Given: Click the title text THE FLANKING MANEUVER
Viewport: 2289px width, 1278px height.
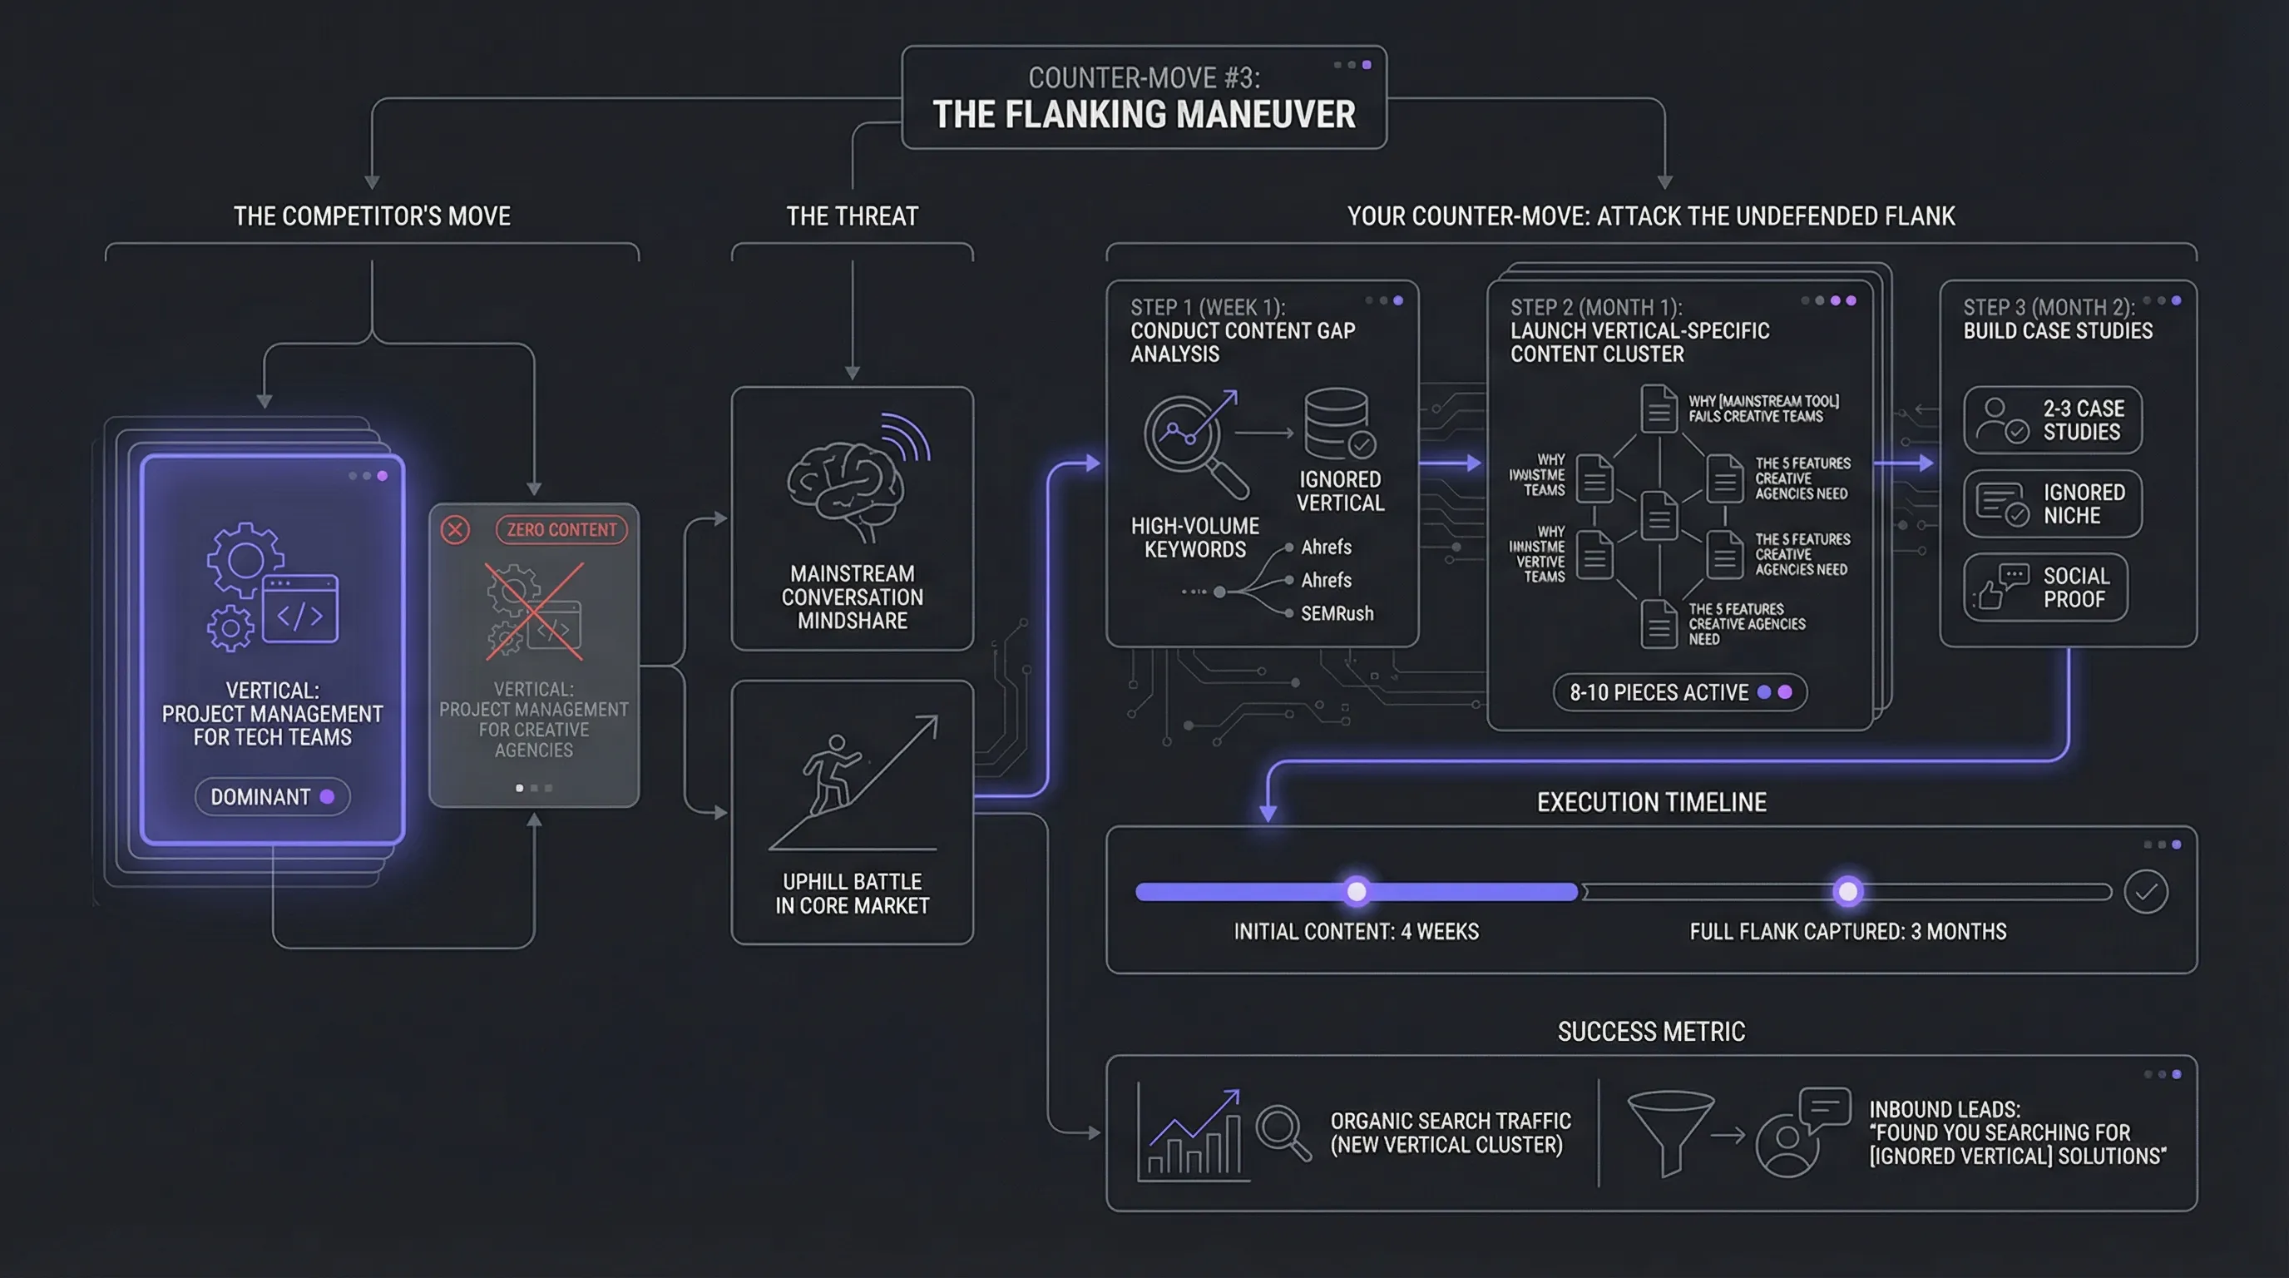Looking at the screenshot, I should [x=1144, y=115].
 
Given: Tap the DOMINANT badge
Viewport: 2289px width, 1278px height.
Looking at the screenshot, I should [x=272, y=796].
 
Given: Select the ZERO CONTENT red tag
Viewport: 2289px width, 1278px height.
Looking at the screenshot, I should [x=561, y=530].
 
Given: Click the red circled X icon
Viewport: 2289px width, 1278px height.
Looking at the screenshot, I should [x=455, y=530].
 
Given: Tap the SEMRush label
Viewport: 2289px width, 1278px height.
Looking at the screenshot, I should [x=1337, y=613].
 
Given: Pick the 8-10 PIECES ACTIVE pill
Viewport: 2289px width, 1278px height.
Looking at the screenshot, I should [x=1678, y=692].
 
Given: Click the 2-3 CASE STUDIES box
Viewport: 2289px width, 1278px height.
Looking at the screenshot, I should [x=2052, y=420].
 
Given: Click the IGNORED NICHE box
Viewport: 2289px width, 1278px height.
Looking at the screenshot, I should [x=2052, y=504].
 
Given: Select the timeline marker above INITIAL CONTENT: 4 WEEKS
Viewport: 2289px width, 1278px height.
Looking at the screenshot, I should [x=1356, y=890].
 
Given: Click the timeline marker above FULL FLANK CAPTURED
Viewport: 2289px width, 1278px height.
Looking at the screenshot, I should [x=1847, y=890].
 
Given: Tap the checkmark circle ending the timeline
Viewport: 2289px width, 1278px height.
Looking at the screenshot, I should [x=2145, y=891].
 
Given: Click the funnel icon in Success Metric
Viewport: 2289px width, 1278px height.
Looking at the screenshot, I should [x=1669, y=1131].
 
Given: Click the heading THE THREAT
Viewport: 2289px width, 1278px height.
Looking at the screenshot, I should [x=851, y=216].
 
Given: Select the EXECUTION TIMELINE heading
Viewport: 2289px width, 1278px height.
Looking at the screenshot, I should [x=1651, y=803].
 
